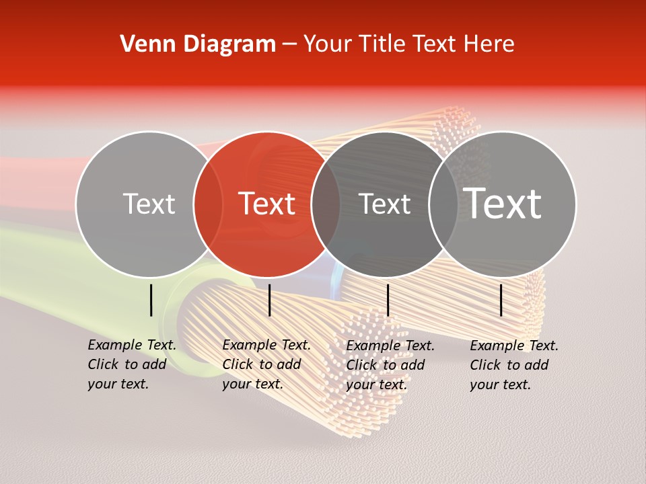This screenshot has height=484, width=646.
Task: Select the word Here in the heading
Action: (x=490, y=44)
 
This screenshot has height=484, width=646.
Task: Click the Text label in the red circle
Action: (x=267, y=204)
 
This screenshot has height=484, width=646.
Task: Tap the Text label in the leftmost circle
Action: (x=149, y=204)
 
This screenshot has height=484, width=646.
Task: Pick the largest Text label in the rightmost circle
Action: (x=503, y=204)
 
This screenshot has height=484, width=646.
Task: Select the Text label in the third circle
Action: (x=385, y=204)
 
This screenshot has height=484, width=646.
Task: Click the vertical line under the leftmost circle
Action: (x=151, y=300)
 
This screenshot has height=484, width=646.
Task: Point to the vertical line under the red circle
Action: (x=269, y=300)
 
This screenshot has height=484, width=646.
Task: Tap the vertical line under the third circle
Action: (x=388, y=300)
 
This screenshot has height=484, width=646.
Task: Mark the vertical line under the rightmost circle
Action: (x=501, y=300)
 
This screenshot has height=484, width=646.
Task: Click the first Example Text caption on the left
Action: (x=131, y=364)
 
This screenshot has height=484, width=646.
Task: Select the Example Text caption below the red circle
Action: (x=266, y=364)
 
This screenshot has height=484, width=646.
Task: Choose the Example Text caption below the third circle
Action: (x=390, y=364)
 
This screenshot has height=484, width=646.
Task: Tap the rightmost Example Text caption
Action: (x=513, y=364)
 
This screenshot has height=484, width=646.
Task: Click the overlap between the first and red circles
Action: (x=208, y=204)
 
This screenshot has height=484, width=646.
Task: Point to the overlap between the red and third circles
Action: (x=326, y=204)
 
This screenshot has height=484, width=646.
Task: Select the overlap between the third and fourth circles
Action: (x=443, y=204)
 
